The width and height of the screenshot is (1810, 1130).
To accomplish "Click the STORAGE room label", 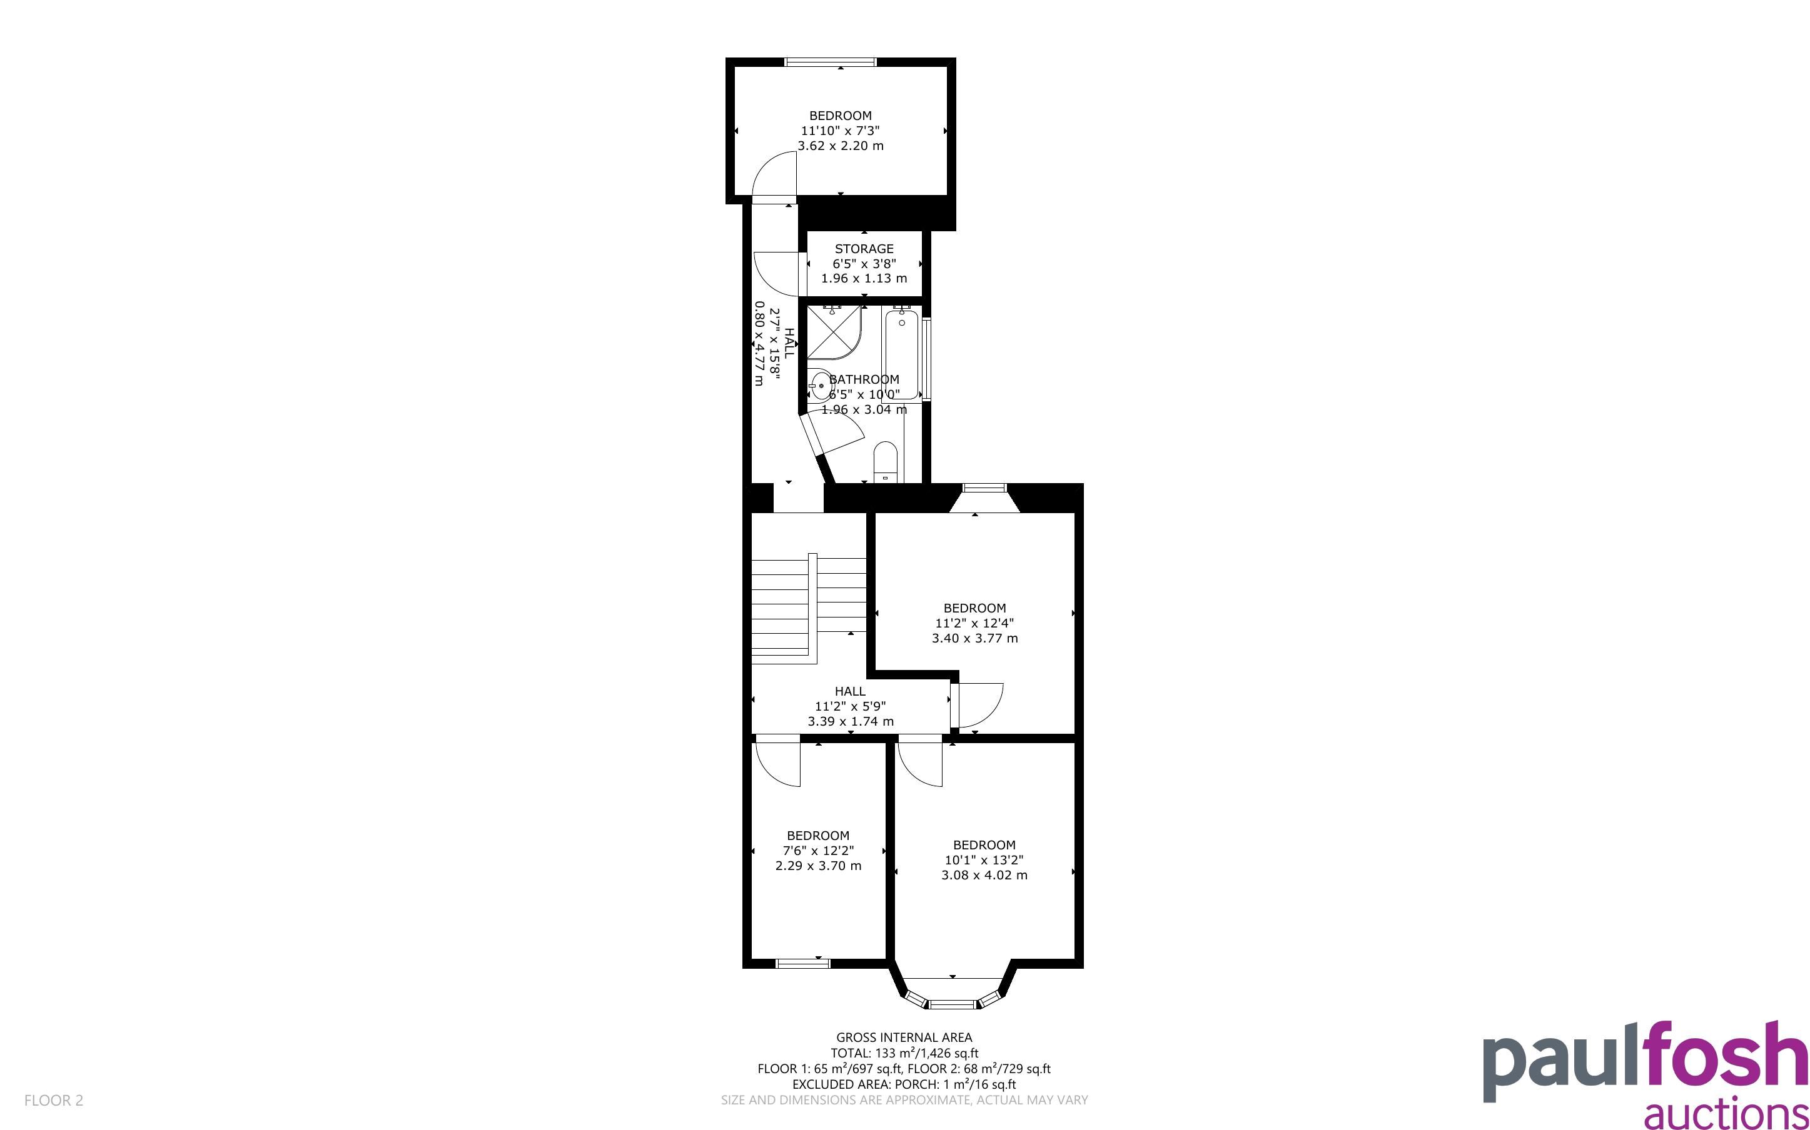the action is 864,249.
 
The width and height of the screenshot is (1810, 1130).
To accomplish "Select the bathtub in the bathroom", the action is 902,354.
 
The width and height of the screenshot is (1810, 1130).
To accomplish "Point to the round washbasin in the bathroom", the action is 820,386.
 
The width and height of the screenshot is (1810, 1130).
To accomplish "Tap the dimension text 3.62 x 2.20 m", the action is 841,146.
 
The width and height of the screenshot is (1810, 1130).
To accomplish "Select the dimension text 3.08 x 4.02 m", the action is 984,875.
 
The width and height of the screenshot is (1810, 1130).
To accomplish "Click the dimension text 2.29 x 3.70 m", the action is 818,866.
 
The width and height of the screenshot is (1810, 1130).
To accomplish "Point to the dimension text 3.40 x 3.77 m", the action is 975,638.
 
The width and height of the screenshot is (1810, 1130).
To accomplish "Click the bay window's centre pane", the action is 953,1004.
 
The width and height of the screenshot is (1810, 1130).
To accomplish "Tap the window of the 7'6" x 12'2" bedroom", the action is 803,963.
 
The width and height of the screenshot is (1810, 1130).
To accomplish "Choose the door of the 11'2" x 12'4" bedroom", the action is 978,706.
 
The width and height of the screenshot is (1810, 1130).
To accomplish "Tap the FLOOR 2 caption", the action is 54,1100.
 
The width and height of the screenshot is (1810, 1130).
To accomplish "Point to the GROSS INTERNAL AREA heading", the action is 904,1037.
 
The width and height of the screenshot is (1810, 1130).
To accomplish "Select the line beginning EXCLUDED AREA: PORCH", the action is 904,1084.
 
